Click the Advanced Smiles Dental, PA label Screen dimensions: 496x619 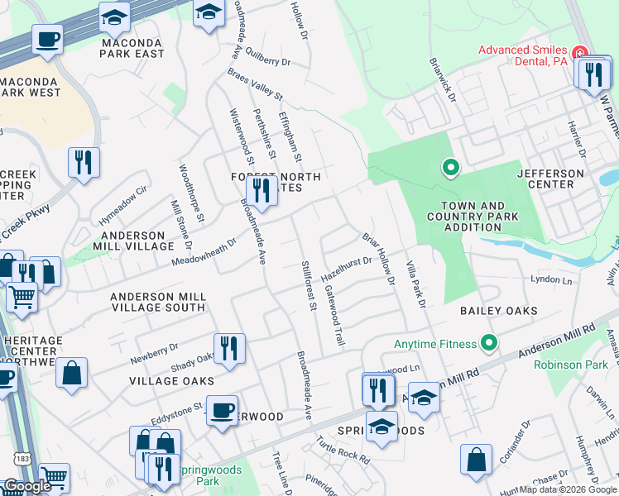pyautogui.click(x=525, y=56)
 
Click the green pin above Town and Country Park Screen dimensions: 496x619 pyautogui.click(x=450, y=169)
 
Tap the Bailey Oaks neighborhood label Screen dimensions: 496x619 pyautogui.click(x=498, y=311)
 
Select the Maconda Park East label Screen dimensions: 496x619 pyautogui.click(x=132, y=47)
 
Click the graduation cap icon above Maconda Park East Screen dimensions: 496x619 pyautogui.click(x=114, y=17)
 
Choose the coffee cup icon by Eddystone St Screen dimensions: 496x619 pyautogui.click(x=222, y=411)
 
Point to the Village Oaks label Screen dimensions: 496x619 pyautogui.click(x=171, y=381)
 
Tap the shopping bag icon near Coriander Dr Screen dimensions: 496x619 pyautogui.click(x=477, y=460)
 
